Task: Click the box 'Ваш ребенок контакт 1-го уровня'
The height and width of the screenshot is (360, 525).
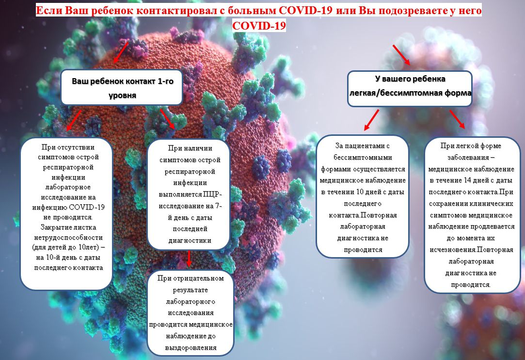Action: click(122, 87)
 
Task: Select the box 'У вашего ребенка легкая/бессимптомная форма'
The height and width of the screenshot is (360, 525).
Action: click(410, 88)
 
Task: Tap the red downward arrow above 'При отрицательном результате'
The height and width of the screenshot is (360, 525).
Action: click(189, 258)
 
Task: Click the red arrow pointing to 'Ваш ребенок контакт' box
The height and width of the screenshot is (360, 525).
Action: click(121, 52)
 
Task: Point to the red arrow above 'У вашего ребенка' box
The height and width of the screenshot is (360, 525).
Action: click(401, 55)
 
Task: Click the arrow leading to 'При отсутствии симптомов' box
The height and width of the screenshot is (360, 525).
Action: click(74, 120)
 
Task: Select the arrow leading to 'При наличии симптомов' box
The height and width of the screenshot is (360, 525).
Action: click(167, 119)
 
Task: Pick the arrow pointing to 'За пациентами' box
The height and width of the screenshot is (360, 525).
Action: click(371, 120)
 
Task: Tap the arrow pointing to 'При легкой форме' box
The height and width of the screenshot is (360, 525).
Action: click(457, 119)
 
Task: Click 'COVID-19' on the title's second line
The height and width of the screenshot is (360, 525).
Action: click(259, 26)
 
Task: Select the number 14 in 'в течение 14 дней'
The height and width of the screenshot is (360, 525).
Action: click(467, 180)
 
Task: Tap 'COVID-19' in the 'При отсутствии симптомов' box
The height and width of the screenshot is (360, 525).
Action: click(87, 207)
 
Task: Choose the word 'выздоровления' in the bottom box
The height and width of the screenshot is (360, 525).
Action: click(191, 347)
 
